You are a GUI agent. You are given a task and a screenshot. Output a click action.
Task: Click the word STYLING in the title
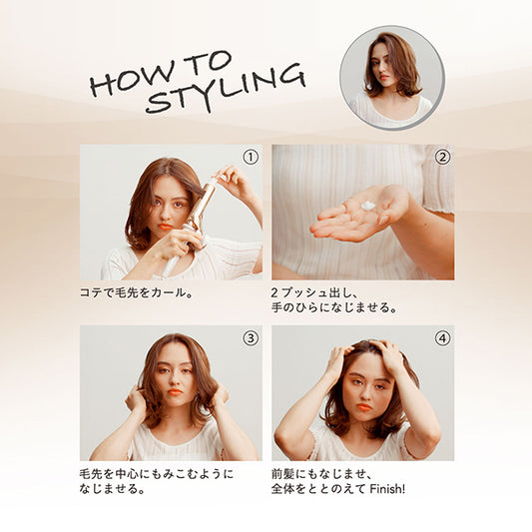pyautogui.click(x=227, y=89)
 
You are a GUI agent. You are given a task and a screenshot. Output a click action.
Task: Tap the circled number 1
pyautogui.click(x=251, y=157)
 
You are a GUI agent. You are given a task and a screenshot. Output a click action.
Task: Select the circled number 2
pyautogui.click(x=442, y=157)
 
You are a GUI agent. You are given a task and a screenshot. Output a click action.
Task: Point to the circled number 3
pyautogui.click(x=251, y=338)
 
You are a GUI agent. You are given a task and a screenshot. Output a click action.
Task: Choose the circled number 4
pyautogui.click(x=442, y=338)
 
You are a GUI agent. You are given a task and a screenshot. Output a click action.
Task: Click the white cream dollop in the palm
pyautogui.click(x=368, y=206)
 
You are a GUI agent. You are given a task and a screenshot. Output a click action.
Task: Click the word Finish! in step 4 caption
pyautogui.click(x=387, y=489)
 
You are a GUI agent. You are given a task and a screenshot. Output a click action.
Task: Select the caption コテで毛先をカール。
pyautogui.click(x=137, y=292)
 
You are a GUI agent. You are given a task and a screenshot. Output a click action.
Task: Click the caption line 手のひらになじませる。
pyautogui.click(x=334, y=307)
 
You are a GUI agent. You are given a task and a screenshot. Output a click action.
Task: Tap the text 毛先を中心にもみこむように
pyautogui.click(x=157, y=474)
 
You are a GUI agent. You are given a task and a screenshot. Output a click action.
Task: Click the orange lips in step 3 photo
pyautogui.click(x=175, y=392)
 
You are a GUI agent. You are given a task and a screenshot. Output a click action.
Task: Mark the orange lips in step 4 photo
pyautogui.click(x=364, y=407)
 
